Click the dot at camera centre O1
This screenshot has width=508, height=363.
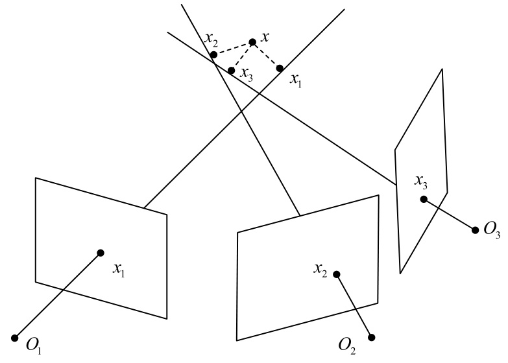[15, 337]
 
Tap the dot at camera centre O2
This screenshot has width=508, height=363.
[372, 336]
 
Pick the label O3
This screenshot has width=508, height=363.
[491, 231]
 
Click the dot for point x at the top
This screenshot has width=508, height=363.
[252, 42]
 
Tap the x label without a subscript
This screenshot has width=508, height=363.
[265, 37]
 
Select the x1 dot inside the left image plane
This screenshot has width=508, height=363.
[101, 253]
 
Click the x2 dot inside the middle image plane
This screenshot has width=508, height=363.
[337, 274]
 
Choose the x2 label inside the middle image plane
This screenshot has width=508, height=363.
[319, 268]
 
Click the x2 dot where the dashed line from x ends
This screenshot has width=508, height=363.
[214, 55]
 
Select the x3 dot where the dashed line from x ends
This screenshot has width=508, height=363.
[231, 70]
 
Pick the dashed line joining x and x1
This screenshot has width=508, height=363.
[267, 55]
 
